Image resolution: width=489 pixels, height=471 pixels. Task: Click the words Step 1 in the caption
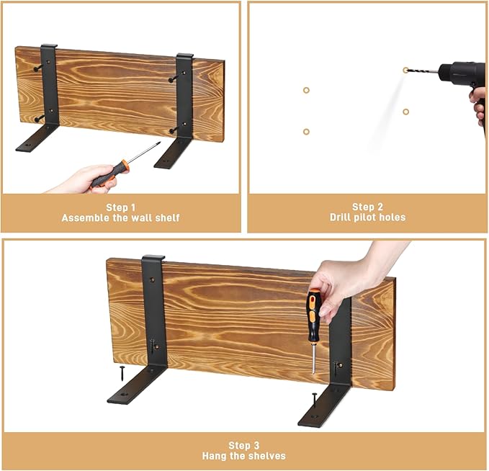pyautogui.click(x=121, y=207)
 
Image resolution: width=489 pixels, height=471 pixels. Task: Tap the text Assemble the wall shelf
pyautogui.click(x=121, y=217)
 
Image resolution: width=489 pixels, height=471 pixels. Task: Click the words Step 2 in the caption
pyautogui.click(x=368, y=207)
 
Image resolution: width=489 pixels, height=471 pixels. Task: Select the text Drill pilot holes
pyautogui.click(x=368, y=217)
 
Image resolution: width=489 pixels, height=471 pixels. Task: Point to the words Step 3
pyautogui.click(x=244, y=445)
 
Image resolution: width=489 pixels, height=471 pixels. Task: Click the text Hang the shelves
pyautogui.click(x=244, y=456)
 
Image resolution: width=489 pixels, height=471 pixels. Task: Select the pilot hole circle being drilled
pyautogui.click(x=405, y=70)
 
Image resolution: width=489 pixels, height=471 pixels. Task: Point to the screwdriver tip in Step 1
pyautogui.click(x=159, y=143)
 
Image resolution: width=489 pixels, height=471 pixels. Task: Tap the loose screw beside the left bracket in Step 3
pyautogui.click(x=122, y=373)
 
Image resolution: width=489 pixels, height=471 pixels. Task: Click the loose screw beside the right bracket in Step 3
pyautogui.click(x=314, y=400)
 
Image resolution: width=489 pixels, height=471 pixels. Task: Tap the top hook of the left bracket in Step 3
pyautogui.click(x=153, y=258)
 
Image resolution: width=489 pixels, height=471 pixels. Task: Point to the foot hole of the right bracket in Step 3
pyautogui.click(x=315, y=416)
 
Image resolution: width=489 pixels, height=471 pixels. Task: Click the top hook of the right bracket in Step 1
pyautogui.click(x=184, y=55)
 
